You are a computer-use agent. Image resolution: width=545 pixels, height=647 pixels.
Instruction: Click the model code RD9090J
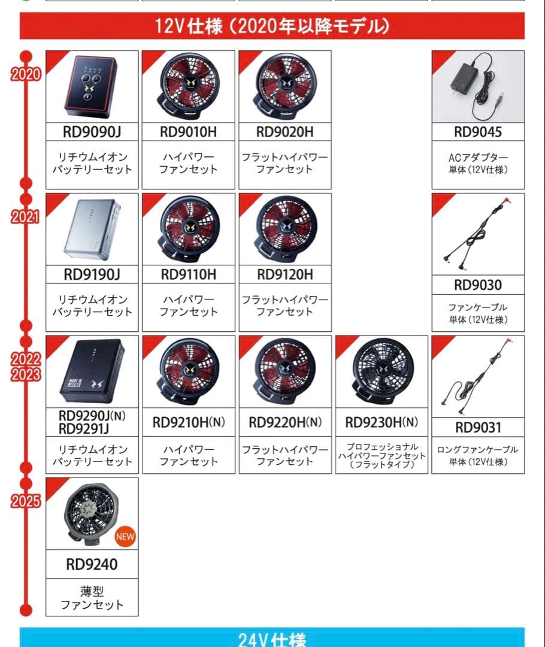92,132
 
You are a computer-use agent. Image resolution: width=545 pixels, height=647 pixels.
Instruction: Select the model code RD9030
478,285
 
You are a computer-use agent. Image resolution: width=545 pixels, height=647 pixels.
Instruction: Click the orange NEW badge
125,536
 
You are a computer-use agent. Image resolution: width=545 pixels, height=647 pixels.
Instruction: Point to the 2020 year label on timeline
25,74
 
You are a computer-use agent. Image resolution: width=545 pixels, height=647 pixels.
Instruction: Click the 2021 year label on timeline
25,217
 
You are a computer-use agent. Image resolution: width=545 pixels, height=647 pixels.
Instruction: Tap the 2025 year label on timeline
25,501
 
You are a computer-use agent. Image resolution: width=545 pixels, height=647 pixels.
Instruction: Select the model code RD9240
92,564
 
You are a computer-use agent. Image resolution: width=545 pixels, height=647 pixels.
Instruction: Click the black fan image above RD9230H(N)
382,371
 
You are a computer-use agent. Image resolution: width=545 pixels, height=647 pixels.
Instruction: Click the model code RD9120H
285,274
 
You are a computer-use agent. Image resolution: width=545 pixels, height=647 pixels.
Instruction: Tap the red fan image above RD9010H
189,87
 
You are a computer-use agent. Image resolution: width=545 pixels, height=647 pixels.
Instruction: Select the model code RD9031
478,428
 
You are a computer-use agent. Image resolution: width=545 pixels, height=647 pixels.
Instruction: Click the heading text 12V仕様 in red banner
272,26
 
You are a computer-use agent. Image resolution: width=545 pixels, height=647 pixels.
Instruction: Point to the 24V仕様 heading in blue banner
272,639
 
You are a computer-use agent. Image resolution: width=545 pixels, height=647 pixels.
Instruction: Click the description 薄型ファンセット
92,598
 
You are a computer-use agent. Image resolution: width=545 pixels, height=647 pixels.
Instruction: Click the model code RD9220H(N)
285,423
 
